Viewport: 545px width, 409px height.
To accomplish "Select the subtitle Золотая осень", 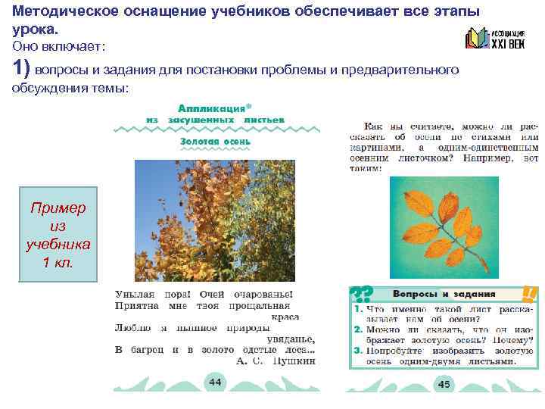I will tap(215, 142).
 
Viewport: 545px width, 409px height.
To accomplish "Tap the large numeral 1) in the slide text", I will tap(21, 69).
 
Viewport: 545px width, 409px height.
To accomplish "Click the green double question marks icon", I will tap(360, 294).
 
